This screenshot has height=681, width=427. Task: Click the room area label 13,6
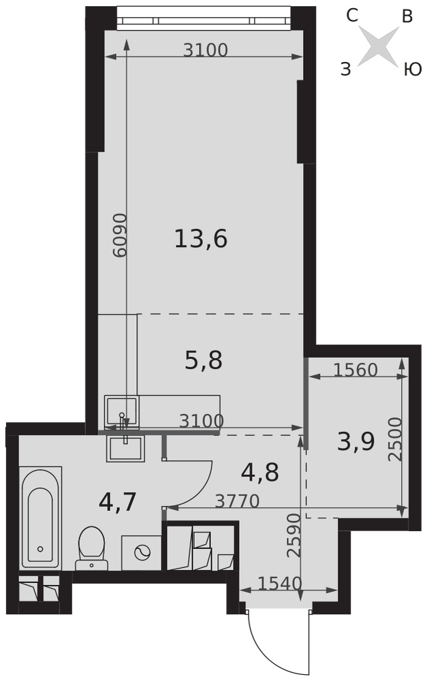click(x=201, y=239)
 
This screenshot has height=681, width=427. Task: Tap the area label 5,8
click(x=204, y=360)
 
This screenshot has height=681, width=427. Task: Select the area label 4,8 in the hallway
click(x=259, y=473)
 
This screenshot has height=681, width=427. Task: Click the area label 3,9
click(x=356, y=443)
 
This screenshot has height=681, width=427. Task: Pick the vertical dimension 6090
click(x=120, y=235)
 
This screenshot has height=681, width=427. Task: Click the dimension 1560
click(x=355, y=370)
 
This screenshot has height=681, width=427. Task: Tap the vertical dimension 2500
click(x=395, y=439)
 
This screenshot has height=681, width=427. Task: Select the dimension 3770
click(x=238, y=501)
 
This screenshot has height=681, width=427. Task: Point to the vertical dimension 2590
click(x=294, y=535)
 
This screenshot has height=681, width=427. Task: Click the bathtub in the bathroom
click(x=40, y=518)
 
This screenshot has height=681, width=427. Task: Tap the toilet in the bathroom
click(x=92, y=548)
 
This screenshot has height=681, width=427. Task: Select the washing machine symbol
click(x=142, y=552)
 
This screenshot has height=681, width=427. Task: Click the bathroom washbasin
click(x=125, y=449)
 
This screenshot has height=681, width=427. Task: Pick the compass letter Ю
click(x=413, y=69)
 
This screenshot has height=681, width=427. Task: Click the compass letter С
click(x=352, y=16)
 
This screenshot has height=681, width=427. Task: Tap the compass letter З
click(x=345, y=69)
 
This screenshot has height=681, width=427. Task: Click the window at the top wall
click(x=204, y=18)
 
